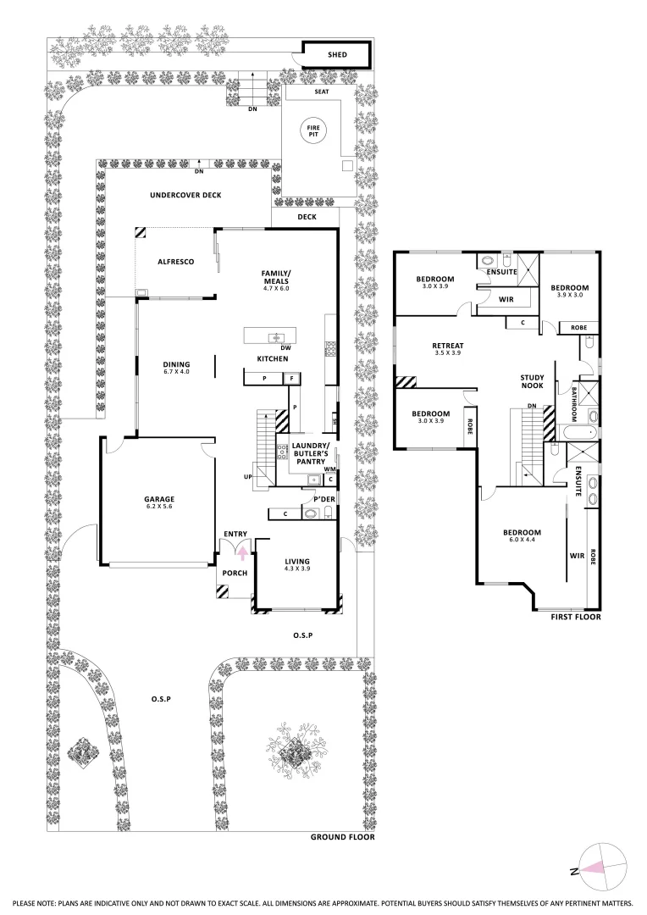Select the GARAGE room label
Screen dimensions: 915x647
pos(159,499)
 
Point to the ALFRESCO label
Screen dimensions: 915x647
pos(176,262)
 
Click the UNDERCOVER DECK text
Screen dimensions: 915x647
pos(185,195)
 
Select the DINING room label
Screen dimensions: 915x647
pos(176,366)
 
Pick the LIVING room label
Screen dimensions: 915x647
pos(296,561)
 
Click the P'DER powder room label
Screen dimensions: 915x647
pos(325,499)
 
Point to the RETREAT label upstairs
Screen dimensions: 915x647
pos(446,346)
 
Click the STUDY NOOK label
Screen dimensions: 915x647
pos(533,384)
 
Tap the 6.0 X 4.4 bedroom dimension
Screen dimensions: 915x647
pos(522,542)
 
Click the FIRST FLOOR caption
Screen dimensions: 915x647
pos(576,618)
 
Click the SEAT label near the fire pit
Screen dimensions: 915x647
pos(322,91)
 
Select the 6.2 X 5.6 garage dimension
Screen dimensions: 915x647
pos(159,508)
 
